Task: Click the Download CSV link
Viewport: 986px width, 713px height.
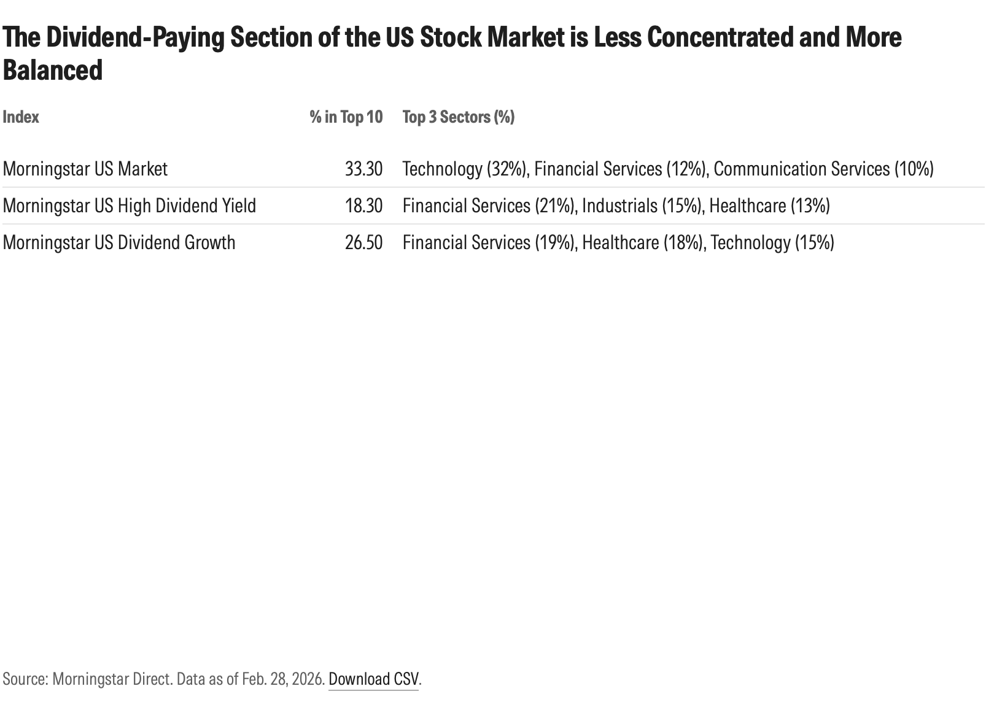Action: (x=373, y=679)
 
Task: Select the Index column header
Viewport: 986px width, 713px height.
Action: (x=21, y=117)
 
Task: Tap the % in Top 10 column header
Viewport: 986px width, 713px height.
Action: (x=346, y=117)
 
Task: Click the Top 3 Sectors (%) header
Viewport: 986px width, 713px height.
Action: (x=458, y=117)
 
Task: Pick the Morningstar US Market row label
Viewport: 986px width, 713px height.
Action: (x=85, y=169)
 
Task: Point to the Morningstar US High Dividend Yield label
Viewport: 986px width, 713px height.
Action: (x=129, y=206)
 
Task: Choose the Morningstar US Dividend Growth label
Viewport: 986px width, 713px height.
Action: (x=118, y=242)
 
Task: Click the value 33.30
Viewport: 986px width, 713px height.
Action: (x=363, y=169)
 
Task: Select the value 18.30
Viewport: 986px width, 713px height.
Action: (x=363, y=206)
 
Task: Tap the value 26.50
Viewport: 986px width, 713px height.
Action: (x=363, y=242)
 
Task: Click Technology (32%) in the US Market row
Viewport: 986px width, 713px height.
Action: (x=465, y=169)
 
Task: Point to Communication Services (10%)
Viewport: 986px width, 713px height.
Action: (x=823, y=169)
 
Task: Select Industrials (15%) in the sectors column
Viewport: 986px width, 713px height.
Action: (x=641, y=206)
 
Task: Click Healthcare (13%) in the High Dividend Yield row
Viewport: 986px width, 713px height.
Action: (x=769, y=206)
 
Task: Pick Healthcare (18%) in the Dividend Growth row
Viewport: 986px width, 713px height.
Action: (x=642, y=242)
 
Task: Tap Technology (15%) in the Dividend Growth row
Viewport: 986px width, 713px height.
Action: (x=772, y=242)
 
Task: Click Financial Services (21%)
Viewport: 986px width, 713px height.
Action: (x=489, y=206)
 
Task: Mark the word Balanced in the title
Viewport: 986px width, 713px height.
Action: (x=53, y=71)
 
